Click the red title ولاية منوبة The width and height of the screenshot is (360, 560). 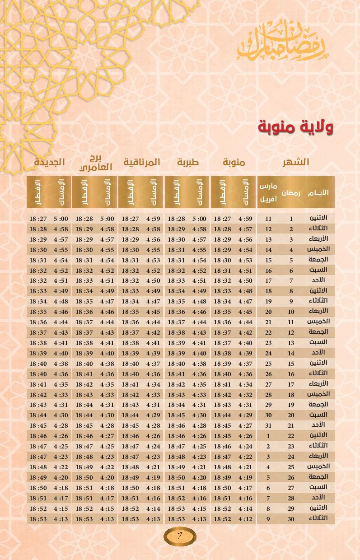coord(295,127)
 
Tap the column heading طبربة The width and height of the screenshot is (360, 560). coord(188,162)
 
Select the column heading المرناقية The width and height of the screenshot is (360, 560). coord(142,162)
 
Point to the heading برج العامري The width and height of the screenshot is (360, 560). coord(96,163)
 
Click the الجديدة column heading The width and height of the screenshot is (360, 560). coord(49,162)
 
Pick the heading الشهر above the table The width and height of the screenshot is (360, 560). coord(295,162)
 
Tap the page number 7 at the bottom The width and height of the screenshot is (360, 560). coord(180,536)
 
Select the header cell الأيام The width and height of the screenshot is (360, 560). coord(318,193)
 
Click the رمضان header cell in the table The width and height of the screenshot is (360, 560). coord(291,193)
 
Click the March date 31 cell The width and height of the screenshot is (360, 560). coord(268,425)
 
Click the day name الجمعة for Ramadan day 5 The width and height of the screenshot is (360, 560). coord(318,260)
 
